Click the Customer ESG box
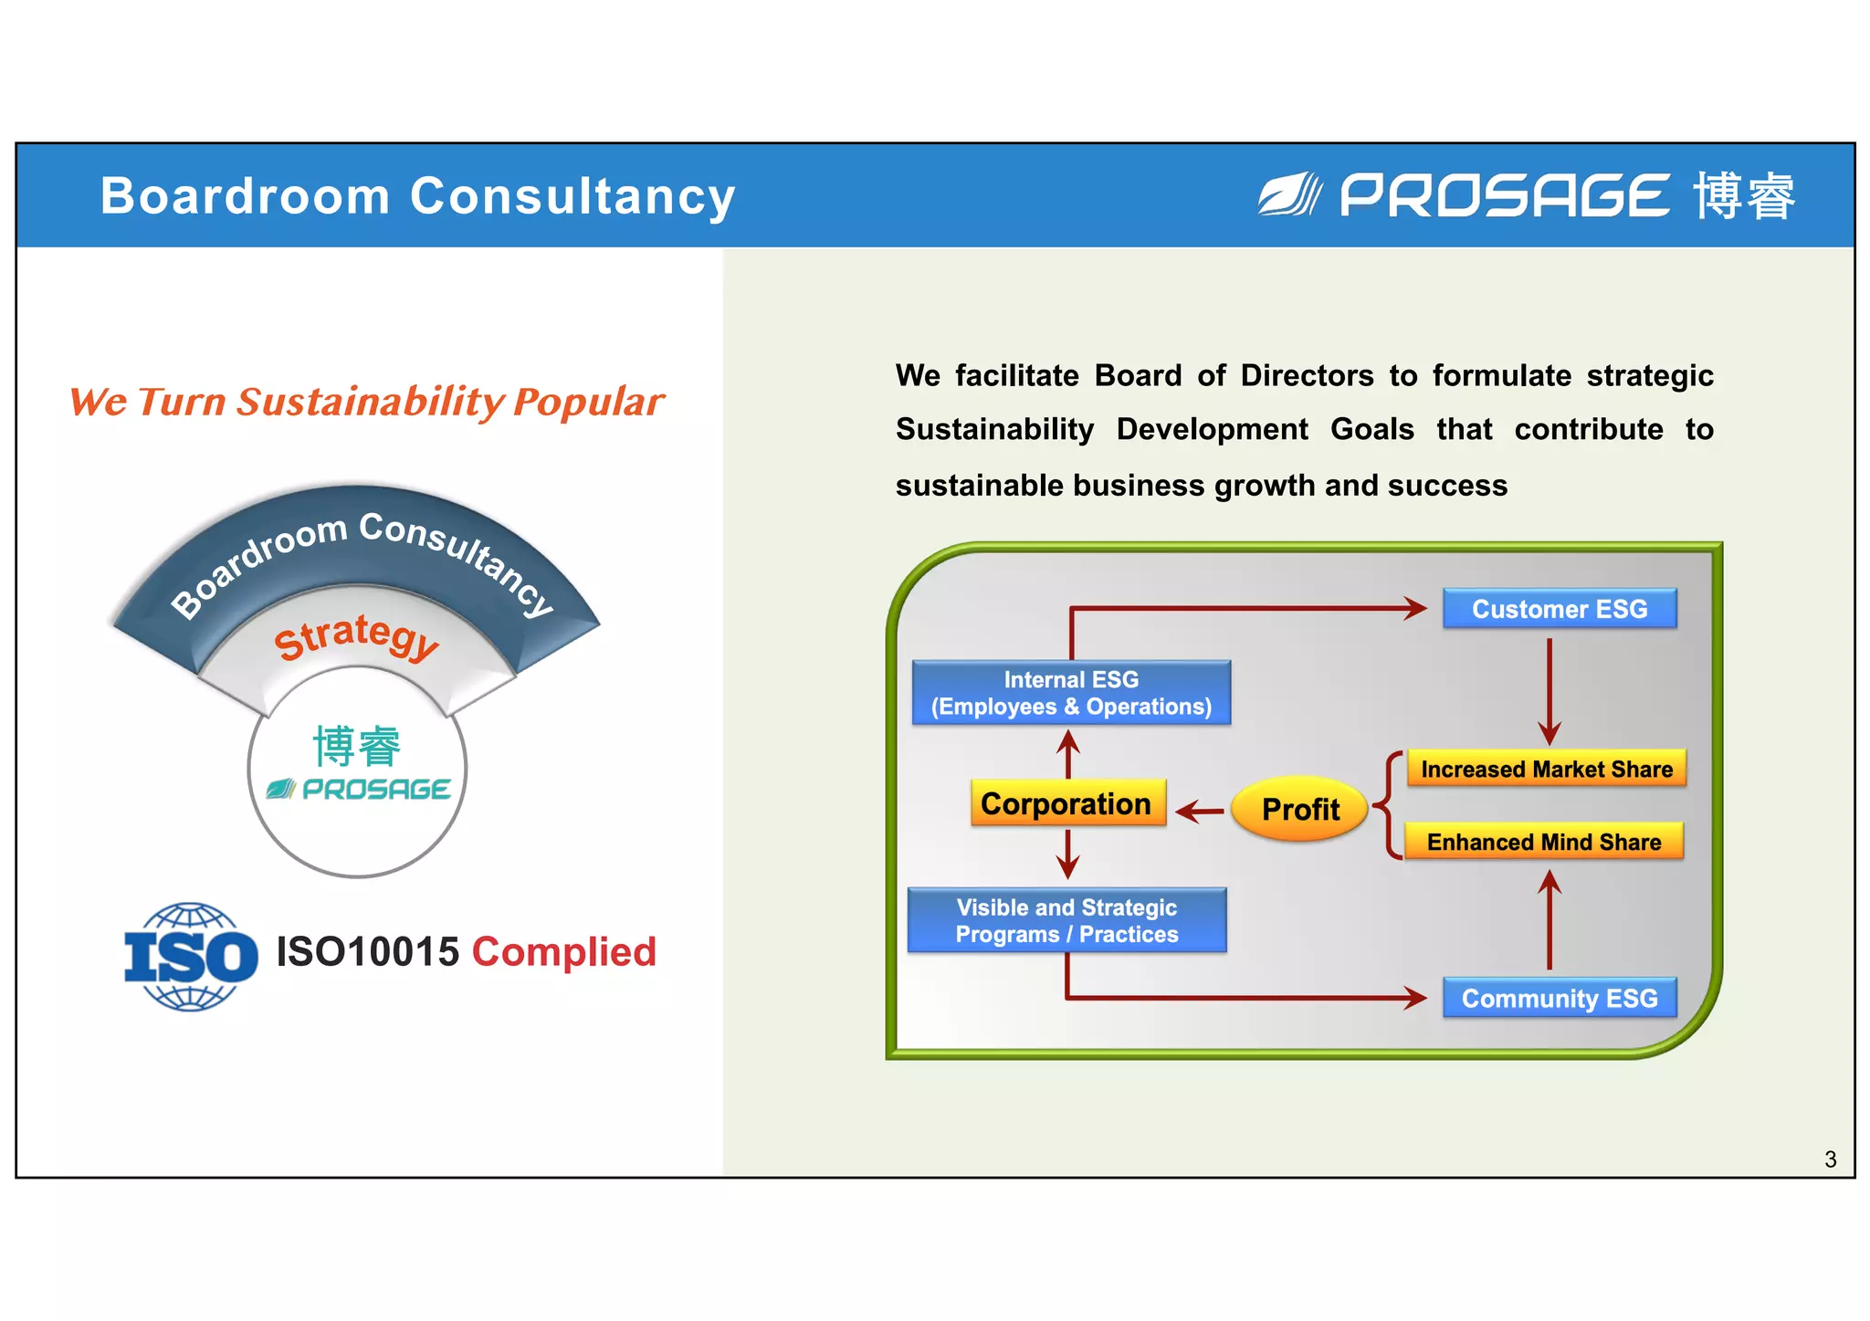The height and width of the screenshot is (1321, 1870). click(x=1559, y=609)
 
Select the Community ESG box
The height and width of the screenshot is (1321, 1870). click(x=1559, y=998)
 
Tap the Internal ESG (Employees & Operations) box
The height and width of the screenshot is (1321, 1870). click(x=1071, y=693)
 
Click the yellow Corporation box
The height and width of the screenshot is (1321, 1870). click(x=1067, y=803)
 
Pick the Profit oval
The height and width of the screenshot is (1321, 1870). click(x=1299, y=809)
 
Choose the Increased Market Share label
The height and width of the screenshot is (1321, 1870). click(x=1546, y=769)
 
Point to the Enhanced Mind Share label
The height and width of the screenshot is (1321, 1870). click(x=1543, y=842)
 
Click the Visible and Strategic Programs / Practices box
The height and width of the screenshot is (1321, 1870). click(x=1066, y=920)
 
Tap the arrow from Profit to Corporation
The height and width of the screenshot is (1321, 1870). click(x=1200, y=811)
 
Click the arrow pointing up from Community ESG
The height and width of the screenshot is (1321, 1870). click(x=1549, y=918)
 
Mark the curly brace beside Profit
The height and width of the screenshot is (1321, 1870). click(x=1388, y=805)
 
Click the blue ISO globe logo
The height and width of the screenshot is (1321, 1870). click(x=191, y=957)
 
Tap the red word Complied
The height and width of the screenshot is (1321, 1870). click(x=563, y=952)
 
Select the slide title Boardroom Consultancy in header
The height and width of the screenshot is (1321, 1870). click(x=417, y=195)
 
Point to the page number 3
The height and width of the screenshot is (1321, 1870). click(x=1830, y=1159)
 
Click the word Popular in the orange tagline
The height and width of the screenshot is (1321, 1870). click(x=589, y=402)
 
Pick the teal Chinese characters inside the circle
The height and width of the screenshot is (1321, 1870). click(x=357, y=746)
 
